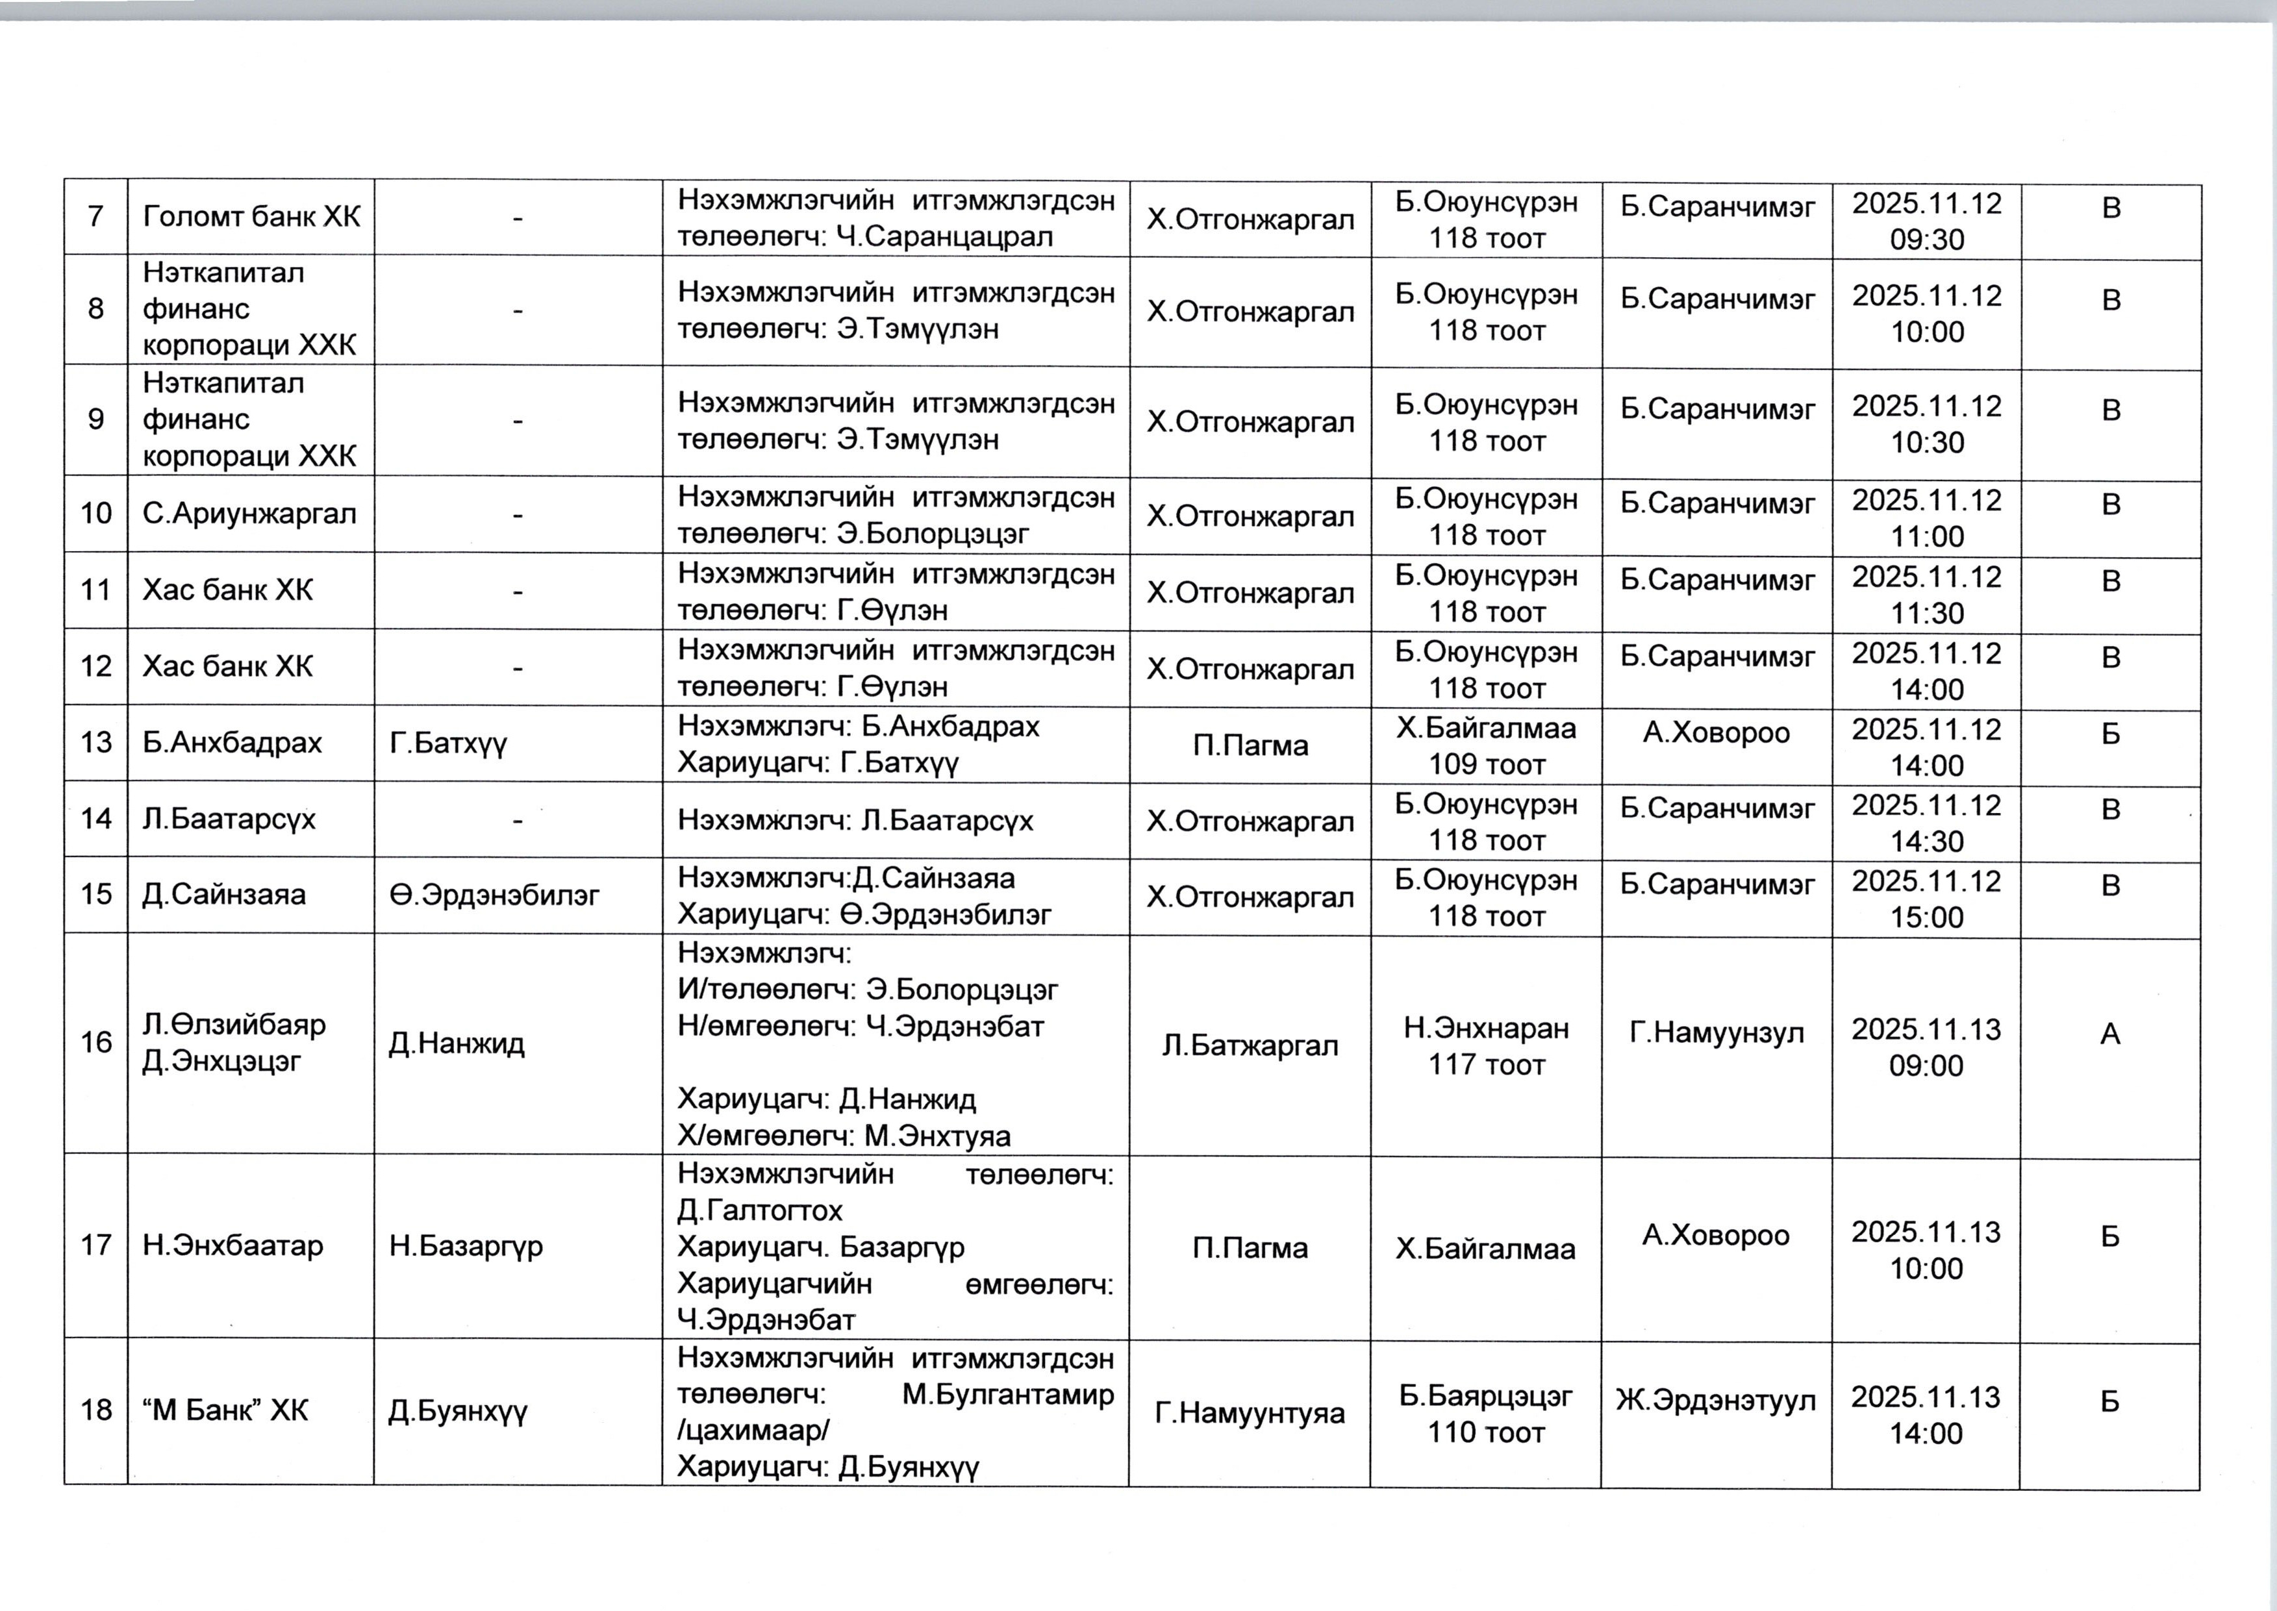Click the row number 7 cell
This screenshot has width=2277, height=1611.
coord(95,216)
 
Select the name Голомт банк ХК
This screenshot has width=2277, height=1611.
coord(251,216)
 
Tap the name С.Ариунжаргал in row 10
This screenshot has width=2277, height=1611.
coord(249,514)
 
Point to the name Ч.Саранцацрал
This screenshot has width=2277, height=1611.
coord(944,237)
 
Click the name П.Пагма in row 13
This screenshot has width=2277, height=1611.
coord(1250,745)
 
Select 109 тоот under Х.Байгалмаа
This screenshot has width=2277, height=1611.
coord(1486,765)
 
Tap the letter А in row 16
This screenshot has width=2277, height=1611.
coord(2110,1034)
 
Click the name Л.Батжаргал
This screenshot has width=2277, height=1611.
coord(1250,1045)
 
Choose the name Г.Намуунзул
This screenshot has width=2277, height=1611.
coord(1717,1034)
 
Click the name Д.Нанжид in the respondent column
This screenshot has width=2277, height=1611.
coord(457,1043)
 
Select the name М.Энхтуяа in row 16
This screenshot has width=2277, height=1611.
coord(938,1136)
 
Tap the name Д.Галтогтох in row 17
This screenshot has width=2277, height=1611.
coord(760,1211)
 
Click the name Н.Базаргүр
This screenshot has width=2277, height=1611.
coord(466,1246)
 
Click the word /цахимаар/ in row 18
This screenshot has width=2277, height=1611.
coord(753,1431)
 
